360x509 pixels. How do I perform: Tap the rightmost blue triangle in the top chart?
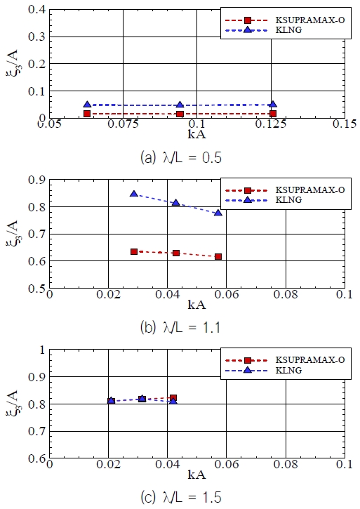pos(272,104)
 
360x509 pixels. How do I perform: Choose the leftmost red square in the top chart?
pos(86,113)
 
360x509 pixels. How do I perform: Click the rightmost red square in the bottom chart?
pos(173,398)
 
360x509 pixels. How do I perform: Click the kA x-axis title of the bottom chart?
pos(196,477)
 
